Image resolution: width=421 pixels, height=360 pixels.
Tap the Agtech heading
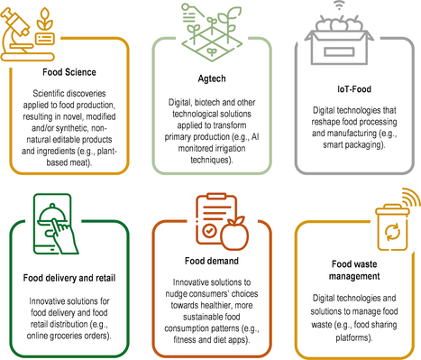(210, 78)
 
